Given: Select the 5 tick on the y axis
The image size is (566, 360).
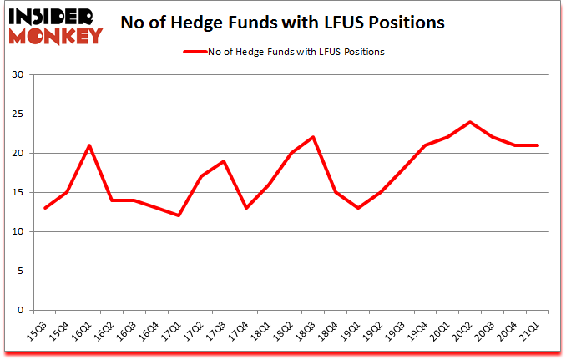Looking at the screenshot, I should pyautogui.click(x=19, y=271).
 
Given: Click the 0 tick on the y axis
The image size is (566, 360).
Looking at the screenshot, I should pyautogui.click(x=19, y=310).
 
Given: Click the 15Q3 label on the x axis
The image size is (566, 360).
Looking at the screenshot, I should pyautogui.click(x=38, y=332).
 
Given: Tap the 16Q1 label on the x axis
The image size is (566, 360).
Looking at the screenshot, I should pyautogui.click(x=82, y=332).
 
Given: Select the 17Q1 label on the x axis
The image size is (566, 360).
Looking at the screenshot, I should pyautogui.click(x=172, y=332).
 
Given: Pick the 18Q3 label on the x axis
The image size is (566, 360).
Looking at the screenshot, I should pyautogui.click(x=306, y=332).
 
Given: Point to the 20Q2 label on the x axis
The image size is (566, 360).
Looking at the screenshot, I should pyautogui.click(x=464, y=332).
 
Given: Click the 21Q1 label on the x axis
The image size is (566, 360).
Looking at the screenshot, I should pyautogui.click(x=532, y=332).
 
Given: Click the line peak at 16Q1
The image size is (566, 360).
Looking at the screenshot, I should pyautogui.click(x=89, y=145).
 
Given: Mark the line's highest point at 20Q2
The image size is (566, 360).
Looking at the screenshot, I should pyautogui.click(x=471, y=122).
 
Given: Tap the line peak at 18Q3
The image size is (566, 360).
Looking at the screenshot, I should pyautogui.click(x=313, y=137).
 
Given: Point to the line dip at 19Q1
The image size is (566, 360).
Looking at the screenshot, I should pyautogui.click(x=358, y=208).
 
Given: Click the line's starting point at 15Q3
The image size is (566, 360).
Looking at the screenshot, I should pyautogui.click(x=45, y=208).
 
